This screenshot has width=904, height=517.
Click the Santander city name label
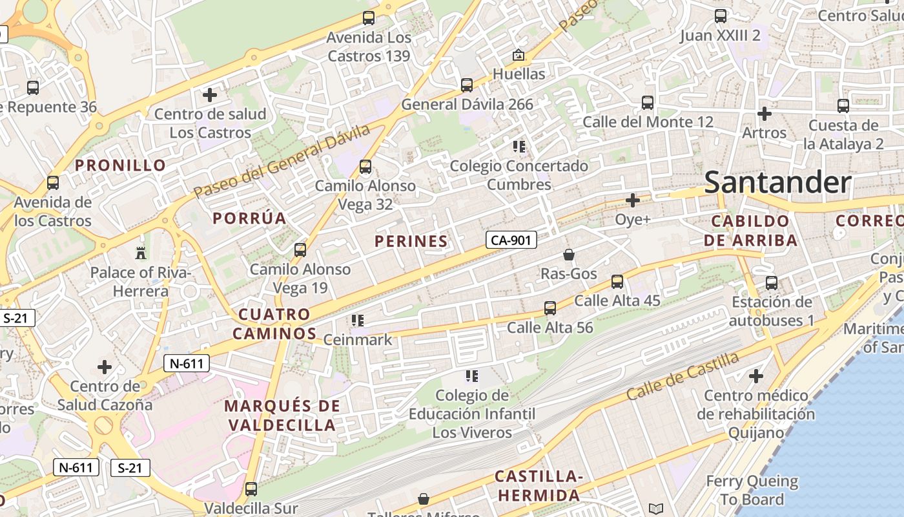pyautogui.click(x=777, y=182)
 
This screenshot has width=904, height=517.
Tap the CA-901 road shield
pyautogui.click(x=511, y=240)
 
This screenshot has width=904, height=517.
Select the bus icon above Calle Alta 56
pyautogui.click(x=550, y=308)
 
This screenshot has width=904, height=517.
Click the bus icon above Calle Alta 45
pyautogui.click(x=617, y=282)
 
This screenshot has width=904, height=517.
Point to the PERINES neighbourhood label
pyautogui.click(x=411, y=242)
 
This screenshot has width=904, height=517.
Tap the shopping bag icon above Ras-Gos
pyautogui.click(x=569, y=255)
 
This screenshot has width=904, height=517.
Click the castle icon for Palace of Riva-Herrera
pyautogui.click(x=141, y=253)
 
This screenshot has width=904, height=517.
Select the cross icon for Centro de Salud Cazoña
pyautogui.click(x=105, y=368)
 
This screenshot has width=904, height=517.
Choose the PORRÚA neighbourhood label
pyautogui.click(x=249, y=218)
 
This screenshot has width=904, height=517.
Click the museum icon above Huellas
pyautogui.click(x=519, y=55)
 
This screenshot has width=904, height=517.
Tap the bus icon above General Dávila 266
pyautogui.click(x=467, y=85)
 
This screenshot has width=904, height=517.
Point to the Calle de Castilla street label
pyautogui.click(x=683, y=376)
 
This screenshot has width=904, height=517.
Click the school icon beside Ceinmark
pyautogui.click(x=357, y=321)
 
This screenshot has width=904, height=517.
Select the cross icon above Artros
pyautogui.click(x=765, y=114)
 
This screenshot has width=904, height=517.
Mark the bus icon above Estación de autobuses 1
pyautogui.click(x=772, y=282)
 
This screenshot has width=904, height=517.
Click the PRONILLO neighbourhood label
pyautogui.click(x=121, y=165)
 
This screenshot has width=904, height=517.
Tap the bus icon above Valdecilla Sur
pyautogui.click(x=251, y=489)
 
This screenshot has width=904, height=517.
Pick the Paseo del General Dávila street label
pyautogui.click(x=282, y=161)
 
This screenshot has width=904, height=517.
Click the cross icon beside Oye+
pyautogui.click(x=633, y=200)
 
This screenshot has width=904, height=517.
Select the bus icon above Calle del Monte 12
pyautogui.click(x=648, y=103)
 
